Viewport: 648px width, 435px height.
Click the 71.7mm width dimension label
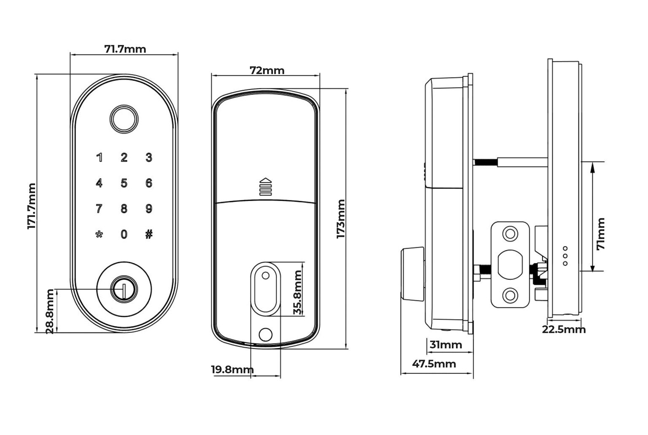[125, 49]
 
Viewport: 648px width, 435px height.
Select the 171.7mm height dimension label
[32, 206]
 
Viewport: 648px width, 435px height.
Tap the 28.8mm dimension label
[50, 311]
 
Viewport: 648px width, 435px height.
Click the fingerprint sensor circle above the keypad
[124, 119]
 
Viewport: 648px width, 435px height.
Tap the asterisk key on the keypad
[99, 235]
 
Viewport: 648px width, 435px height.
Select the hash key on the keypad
[148, 234]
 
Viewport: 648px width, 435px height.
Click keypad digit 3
[148, 158]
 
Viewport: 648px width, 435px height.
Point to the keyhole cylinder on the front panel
[124, 290]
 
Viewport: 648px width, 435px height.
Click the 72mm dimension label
[267, 70]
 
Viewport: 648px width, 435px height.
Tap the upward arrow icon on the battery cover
[265, 186]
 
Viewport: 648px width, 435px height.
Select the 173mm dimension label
[341, 219]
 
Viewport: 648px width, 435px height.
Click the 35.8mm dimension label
[298, 292]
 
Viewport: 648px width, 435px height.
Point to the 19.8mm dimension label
[232, 370]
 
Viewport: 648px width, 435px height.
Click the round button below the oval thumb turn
[265, 334]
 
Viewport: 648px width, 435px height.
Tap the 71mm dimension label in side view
[601, 234]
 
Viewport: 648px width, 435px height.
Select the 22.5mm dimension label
[564, 330]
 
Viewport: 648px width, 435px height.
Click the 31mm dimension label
[445, 345]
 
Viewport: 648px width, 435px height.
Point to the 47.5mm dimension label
[434, 364]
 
